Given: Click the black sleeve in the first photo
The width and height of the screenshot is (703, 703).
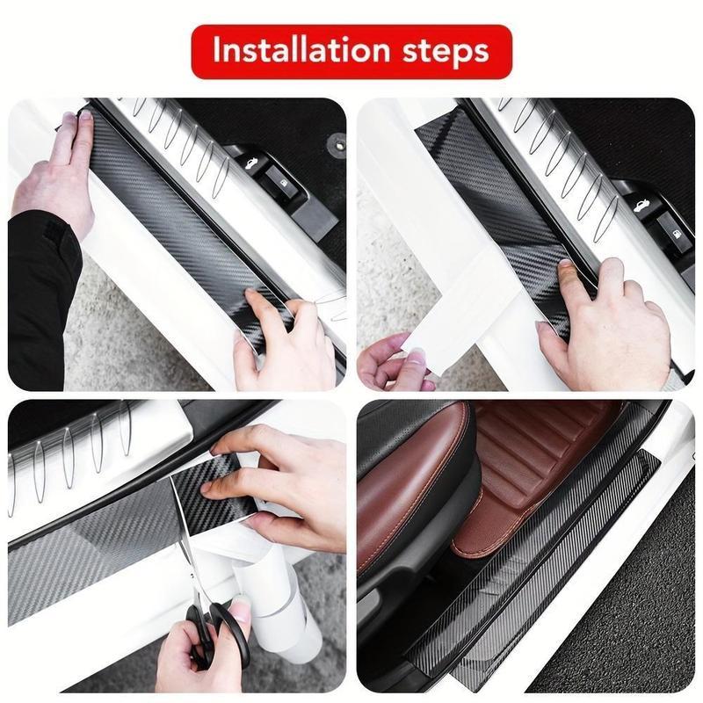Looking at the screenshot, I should pyautogui.click(x=40, y=290).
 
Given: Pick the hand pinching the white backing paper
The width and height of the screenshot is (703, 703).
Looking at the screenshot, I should pyautogui.click(x=395, y=360).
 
